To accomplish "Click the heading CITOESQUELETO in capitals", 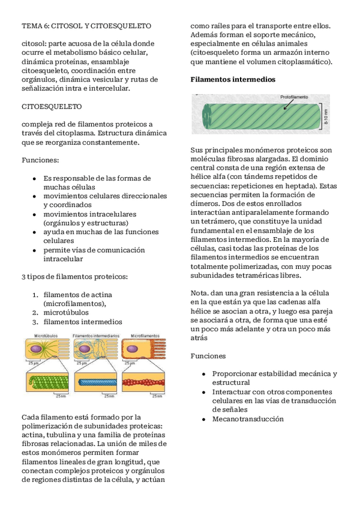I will (x=52, y=106).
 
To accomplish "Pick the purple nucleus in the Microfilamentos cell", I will (x=131, y=348).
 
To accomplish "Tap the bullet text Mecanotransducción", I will (x=247, y=419).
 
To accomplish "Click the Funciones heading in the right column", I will (x=208, y=356).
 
